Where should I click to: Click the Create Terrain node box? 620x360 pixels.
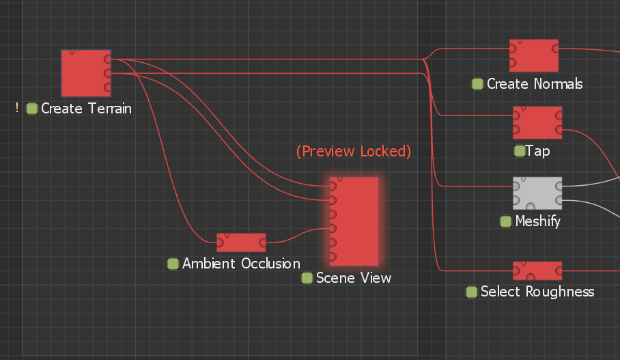pos(85,72)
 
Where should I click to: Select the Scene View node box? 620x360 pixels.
pos(354,221)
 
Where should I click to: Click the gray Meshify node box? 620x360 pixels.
pos(537,193)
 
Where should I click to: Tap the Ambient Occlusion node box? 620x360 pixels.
pos(241,243)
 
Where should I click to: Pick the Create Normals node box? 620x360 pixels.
pos(534,55)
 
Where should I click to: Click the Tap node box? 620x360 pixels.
pos(537,122)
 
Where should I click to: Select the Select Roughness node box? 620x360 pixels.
pos(537,271)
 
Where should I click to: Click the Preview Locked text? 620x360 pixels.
pos(354,151)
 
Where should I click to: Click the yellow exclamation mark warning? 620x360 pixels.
pos(17,108)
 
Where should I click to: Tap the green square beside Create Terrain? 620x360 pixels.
pos(31,109)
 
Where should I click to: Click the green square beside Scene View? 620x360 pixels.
pos(307,278)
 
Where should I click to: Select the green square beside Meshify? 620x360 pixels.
pos(506,221)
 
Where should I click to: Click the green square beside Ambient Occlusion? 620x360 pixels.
pos(173,264)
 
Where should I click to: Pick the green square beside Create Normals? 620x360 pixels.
pos(478,84)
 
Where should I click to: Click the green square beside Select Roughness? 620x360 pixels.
pos(472,292)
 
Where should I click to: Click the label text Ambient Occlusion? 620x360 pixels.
pos(241,264)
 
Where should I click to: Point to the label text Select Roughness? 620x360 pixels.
pos(537,292)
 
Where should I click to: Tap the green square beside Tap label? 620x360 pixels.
pos(520,151)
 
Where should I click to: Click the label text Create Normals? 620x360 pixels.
pos(535,84)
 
